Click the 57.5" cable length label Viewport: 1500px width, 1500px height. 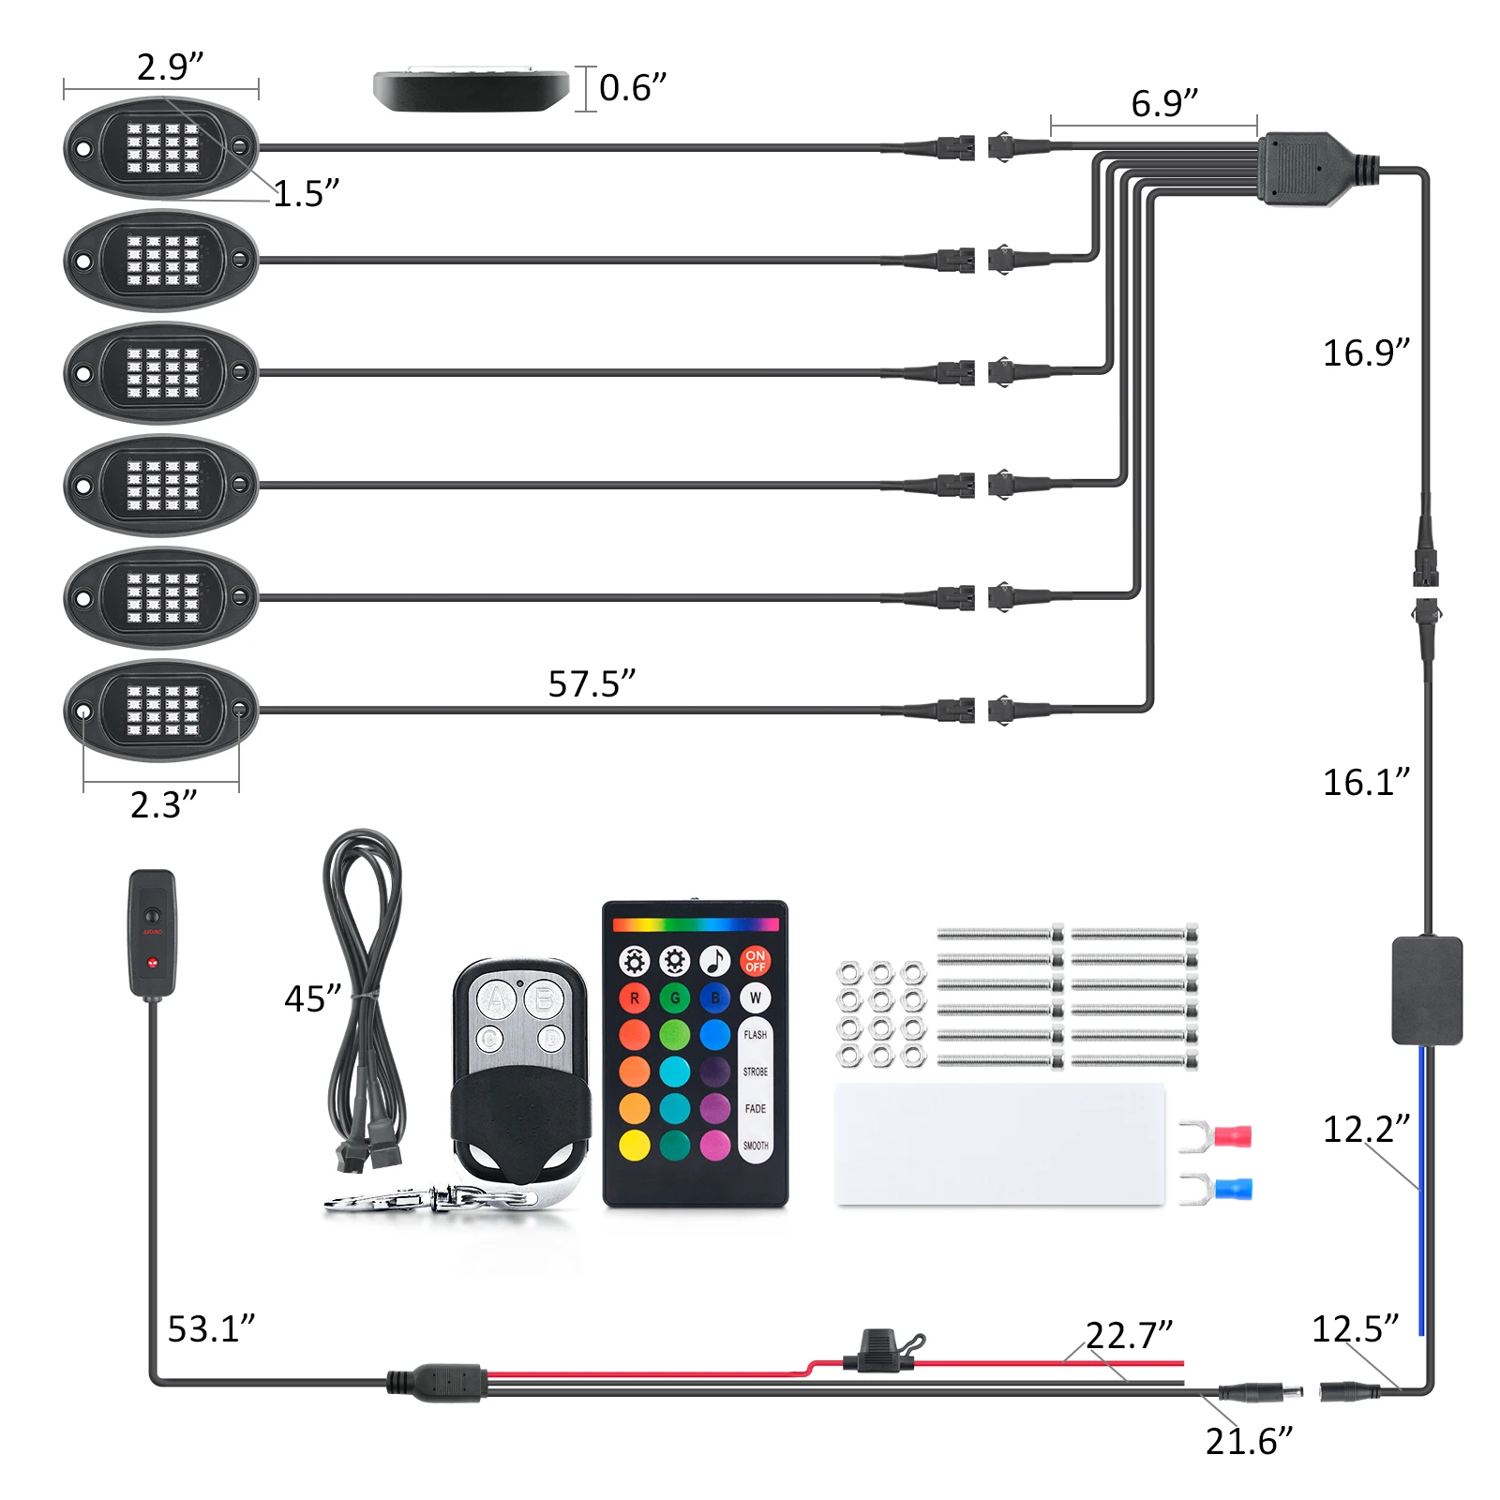tap(592, 683)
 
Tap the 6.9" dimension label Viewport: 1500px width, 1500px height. tap(1164, 102)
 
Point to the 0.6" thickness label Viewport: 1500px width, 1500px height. tap(633, 87)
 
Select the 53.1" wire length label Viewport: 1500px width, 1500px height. tap(211, 1328)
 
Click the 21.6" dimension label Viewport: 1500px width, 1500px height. tap(1249, 1441)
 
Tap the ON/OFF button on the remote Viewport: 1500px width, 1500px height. tap(755, 961)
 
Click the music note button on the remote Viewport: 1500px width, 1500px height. tap(715, 961)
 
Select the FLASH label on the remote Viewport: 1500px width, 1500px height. tap(755, 1034)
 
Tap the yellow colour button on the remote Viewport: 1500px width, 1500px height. tap(635, 1145)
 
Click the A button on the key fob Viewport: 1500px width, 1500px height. tap(495, 999)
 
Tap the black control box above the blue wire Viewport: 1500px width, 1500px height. tap(1426, 990)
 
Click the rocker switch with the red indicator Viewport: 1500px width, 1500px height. tap(152, 932)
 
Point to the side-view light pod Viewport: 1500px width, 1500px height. tap(471, 90)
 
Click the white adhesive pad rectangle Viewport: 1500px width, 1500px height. tap(999, 1144)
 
